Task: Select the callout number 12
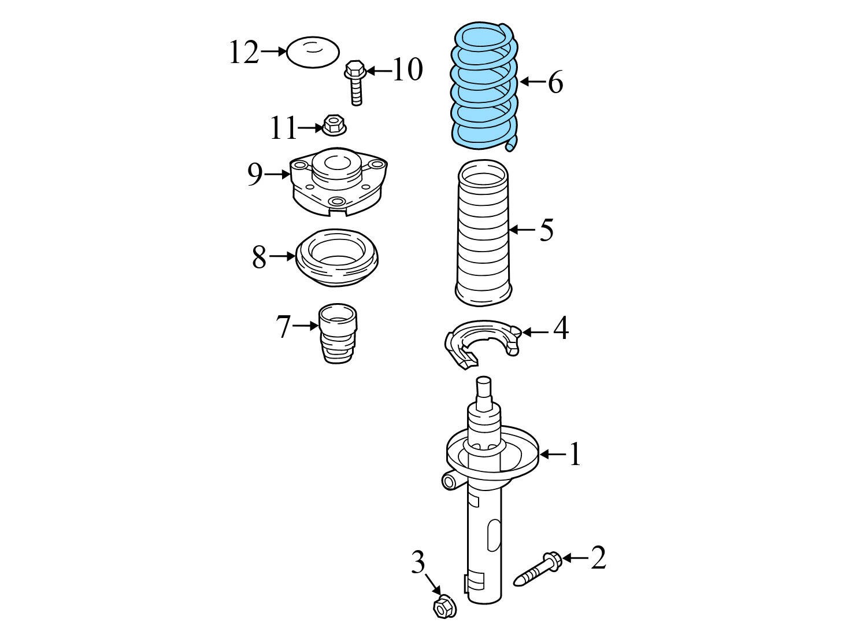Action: [244, 52]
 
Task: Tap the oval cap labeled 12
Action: [313, 52]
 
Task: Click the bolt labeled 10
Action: [355, 82]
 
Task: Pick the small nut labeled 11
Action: [333, 124]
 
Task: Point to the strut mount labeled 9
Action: [338, 182]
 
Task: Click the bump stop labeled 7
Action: [338, 333]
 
